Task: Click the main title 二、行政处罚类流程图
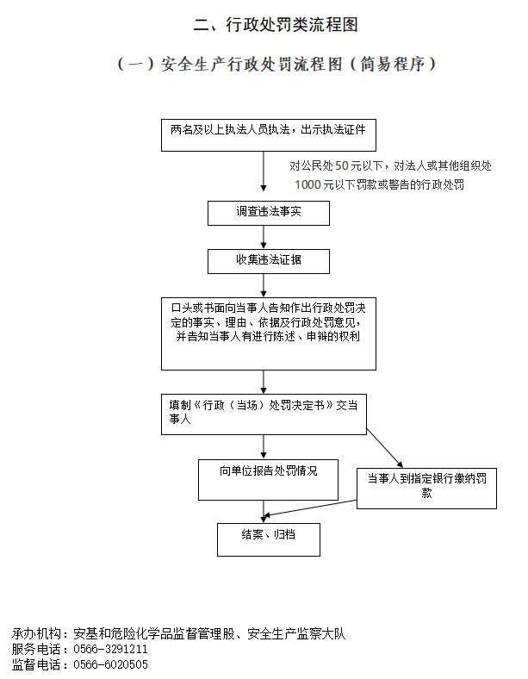click(x=276, y=25)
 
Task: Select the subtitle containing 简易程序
click(x=276, y=64)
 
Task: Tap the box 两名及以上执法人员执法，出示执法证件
click(x=269, y=135)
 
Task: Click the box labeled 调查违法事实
click(x=269, y=213)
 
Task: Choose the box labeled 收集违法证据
click(x=269, y=261)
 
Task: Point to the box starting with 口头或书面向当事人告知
click(x=269, y=333)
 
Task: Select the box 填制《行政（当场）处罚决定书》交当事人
click(x=264, y=414)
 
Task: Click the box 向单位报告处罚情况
click(x=268, y=480)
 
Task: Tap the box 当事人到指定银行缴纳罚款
click(x=426, y=489)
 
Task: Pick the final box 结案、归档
click(x=269, y=539)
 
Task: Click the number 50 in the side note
click(x=341, y=165)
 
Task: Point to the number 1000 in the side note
click(x=308, y=185)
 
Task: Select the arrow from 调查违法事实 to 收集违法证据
click(x=264, y=237)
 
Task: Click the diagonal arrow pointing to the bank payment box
click(x=385, y=448)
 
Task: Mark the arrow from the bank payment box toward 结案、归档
click(x=309, y=508)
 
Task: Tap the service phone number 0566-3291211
click(x=110, y=649)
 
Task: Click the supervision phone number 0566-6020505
click(x=110, y=664)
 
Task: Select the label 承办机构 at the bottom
click(x=36, y=633)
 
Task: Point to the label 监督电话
click(x=36, y=664)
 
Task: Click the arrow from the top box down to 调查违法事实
click(x=264, y=171)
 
